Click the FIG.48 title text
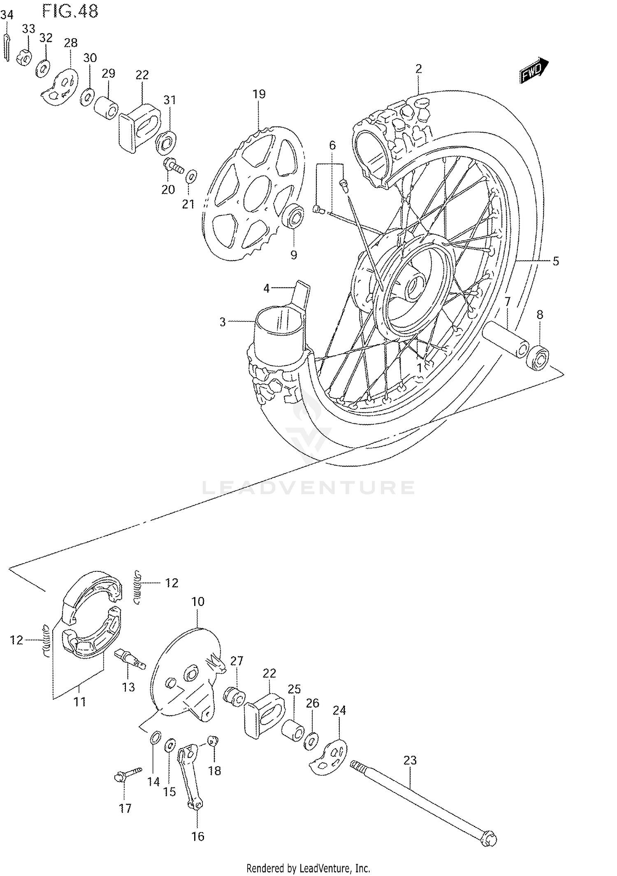point(70,12)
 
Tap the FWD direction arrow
point(534,71)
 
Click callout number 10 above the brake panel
point(198,602)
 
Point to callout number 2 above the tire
point(418,69)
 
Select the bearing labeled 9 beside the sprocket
point(294,217)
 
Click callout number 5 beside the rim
point(555,261)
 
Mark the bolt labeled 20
point(173,166)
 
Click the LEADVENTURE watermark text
point(308,488)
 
